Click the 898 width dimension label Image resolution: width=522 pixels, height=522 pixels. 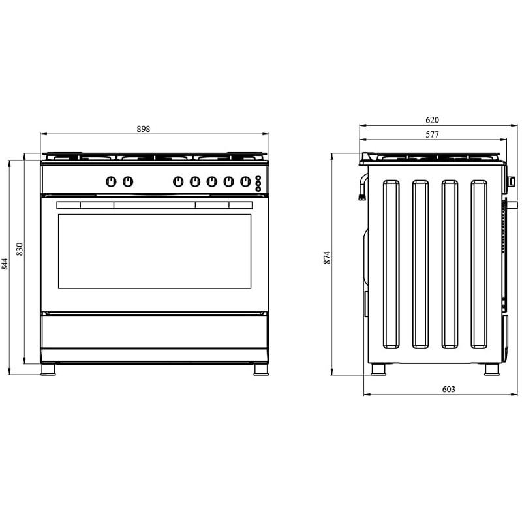pos(144,129)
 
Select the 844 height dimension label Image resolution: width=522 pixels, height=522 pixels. pos(5,264)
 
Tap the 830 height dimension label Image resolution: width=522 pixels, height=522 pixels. pos(20,249)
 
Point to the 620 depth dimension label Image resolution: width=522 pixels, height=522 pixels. pos(432,120)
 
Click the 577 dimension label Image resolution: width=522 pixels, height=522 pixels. pos(432,134)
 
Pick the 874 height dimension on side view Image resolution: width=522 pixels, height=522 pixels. pos(328,258)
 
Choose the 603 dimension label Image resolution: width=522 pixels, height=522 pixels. pos(448,389)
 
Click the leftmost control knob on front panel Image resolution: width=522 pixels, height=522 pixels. pos(111,182)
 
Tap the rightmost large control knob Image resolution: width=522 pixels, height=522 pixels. pos(245,182)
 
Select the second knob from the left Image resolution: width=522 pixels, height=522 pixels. pos(128,182)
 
